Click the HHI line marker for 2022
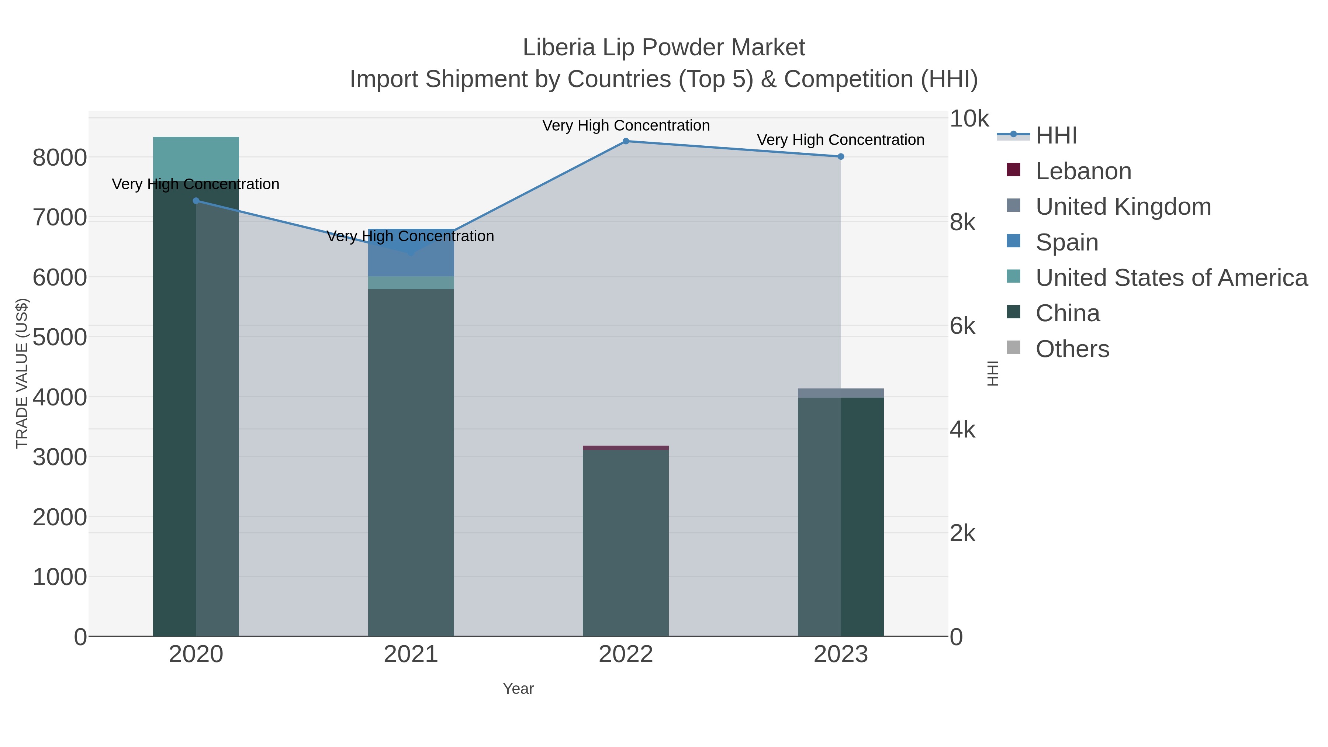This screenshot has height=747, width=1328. pyautogui.click(x=626, y=141)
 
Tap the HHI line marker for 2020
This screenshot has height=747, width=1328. pyautogui.click(x=196, y=201)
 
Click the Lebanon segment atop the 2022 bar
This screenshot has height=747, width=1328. pyautogui.click(x=626, y=448)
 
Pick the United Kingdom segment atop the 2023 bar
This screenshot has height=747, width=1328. pyautogui.click(x=841, y=393)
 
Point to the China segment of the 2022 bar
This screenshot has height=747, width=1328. pyautogui.click(x=626, y=541)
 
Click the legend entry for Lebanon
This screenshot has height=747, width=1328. pyautogui.click(x=1083, y=171)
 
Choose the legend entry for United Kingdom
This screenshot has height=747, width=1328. pyautogui.click(x=1123, y=207)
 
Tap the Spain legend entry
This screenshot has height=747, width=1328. pyautogui.click(x=1066, y=242)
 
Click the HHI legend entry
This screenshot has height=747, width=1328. pyautogui.click(x=1056, y=136)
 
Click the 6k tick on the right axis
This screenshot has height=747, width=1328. pyautogui.click(x=962, y=326)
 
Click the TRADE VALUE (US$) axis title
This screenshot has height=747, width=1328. pyautogui.click(x=22, y=373)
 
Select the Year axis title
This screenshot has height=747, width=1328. pyautogui.click(x=518, y=689)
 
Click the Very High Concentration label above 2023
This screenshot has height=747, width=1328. pyautogui.click(x=840, y=140)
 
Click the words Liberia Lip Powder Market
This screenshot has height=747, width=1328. pyautogui.click(x=664, y=48)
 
